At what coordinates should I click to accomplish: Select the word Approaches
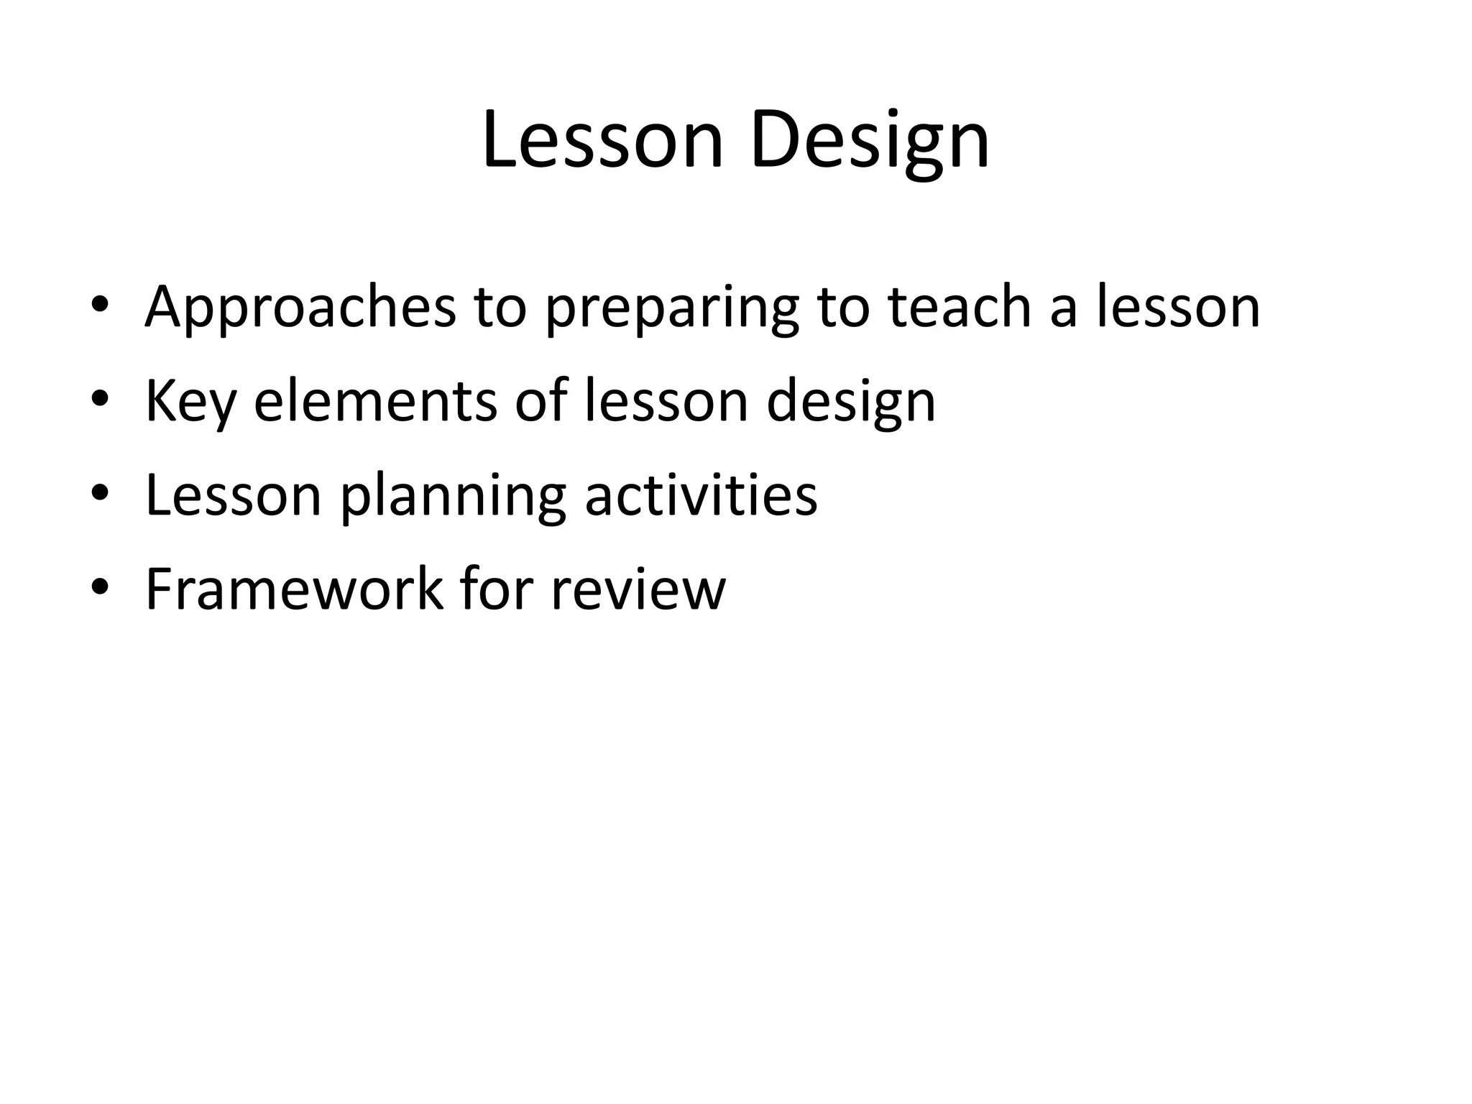point(300,308)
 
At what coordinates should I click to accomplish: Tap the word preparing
point(671,308)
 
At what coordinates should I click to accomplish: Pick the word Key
point(190,402)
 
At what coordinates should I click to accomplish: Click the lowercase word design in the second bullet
point(851,402)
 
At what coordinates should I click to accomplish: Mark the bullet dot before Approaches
point(100,307)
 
